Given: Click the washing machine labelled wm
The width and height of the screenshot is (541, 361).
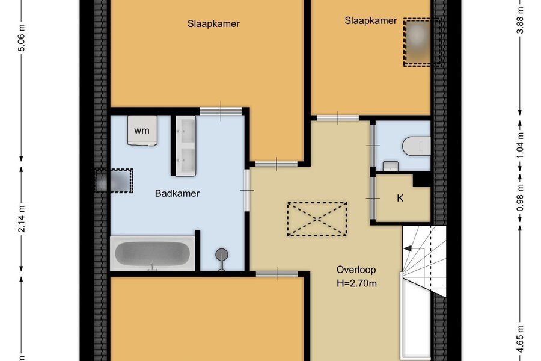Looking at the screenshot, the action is coord(142,130).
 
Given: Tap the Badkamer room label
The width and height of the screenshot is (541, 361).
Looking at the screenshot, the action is coord(177,193).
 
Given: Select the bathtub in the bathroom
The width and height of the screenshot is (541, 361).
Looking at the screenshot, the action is coord(153,253).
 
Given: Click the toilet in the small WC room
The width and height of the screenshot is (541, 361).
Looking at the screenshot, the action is coord(417,146).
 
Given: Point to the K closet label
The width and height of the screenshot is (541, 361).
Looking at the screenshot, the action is coord(400,198).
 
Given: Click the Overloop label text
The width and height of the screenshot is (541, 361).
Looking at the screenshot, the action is coord(356,270).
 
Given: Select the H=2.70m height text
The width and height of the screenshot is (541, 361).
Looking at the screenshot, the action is coord(356,283).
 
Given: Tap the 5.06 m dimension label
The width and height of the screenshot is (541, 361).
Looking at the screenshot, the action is coord(22,38).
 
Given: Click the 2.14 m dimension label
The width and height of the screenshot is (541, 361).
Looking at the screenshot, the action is coord(22,219).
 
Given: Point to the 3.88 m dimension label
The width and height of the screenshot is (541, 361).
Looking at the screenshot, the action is coord(521,20).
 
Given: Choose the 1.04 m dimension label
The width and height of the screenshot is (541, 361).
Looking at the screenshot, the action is coord(521,145).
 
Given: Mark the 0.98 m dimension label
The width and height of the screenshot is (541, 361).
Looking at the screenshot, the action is coord(521,198).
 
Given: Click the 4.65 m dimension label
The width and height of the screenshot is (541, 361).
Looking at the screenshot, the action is coord(521,339).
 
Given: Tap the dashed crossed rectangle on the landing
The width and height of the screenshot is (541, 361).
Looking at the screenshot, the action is coord(317,219).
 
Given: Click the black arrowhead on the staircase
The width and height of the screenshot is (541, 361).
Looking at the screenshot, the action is coord(408,248).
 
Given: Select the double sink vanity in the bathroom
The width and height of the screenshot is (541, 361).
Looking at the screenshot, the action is coord(186,146).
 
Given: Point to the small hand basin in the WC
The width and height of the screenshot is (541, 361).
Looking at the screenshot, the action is coord(391,166).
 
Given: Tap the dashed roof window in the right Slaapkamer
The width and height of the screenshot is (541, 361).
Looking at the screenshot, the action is coord(423,42).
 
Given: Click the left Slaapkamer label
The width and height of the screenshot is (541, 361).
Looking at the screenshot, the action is coord(213,24).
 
